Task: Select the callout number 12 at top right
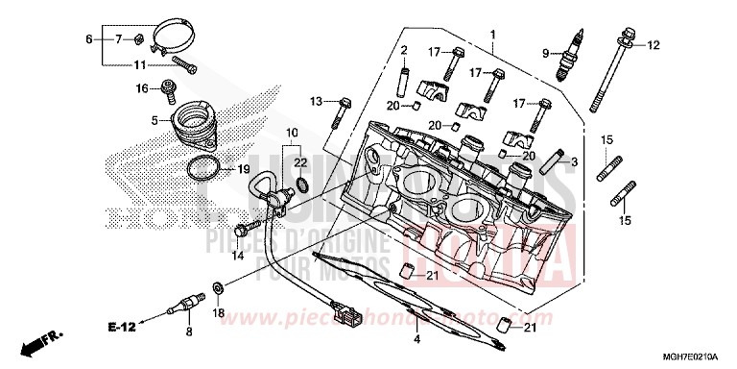click(x=654, y=45)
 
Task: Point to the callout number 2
click(x=405, y=50)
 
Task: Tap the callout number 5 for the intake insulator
click(x=153, y=120)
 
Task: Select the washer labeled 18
click(x=219, y=287)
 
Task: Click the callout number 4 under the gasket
click(x=416, y=339)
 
